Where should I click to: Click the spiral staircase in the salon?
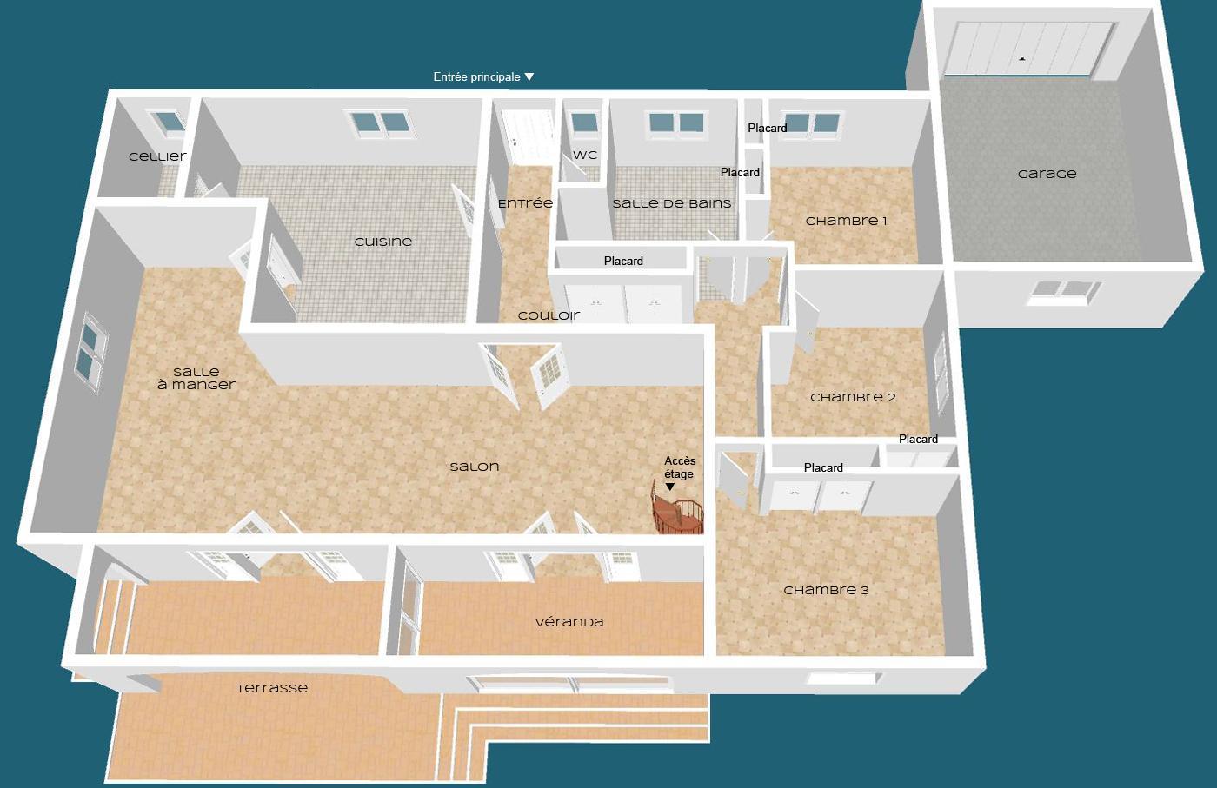coord(677,512)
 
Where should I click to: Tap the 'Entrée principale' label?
coord(476,77)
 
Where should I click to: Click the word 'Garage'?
coord(1047,175)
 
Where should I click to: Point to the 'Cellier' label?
coord(157,157)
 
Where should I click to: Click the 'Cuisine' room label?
coord(383,242)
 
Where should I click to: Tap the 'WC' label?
coord(585,156)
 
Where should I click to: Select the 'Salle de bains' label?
coord(671,203)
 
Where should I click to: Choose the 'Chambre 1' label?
coord(846,221)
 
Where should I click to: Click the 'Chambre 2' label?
coord(853,398)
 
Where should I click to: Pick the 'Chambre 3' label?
coord(827,590)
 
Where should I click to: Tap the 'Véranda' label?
coord(569,622)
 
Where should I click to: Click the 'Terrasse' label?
coord(272,688)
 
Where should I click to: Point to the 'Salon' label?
coord(475,467)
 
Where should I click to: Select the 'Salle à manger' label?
coord(196,379)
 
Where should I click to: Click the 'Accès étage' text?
coord(680,467)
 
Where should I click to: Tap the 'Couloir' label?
coord(549,316)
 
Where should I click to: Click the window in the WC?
coord(584,123)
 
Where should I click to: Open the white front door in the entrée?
coord(527,137)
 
